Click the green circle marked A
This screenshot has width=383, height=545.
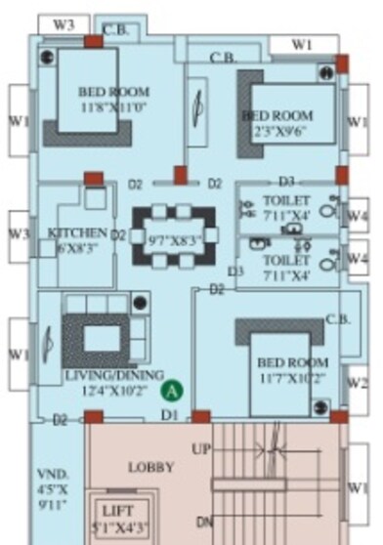[172, 391]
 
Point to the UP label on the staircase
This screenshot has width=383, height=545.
[200, 449]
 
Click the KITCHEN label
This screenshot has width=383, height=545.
[77, 232]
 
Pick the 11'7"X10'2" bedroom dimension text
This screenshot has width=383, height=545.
[287, 377]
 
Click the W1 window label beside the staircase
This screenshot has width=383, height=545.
[359, 485]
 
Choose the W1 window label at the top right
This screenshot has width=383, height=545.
[303, 44]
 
